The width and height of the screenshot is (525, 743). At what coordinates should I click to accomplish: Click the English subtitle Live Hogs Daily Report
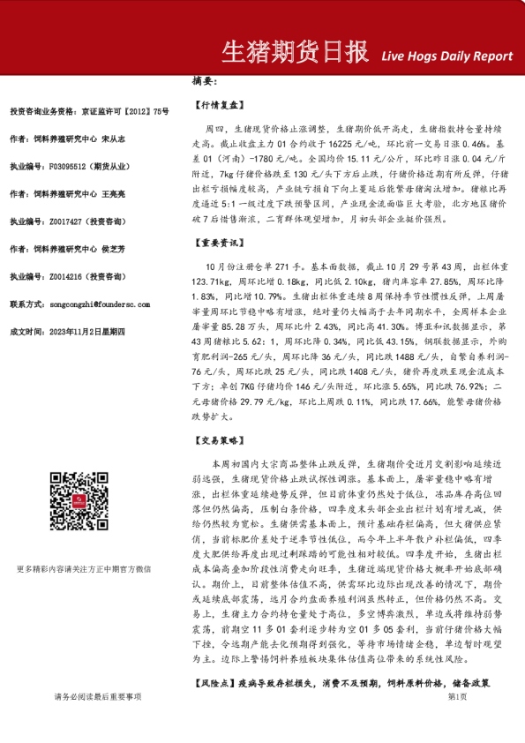pyautogui.click(x=446, y=56)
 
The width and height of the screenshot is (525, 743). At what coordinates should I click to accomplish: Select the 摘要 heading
pyautogui.click(x=203, y=82)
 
